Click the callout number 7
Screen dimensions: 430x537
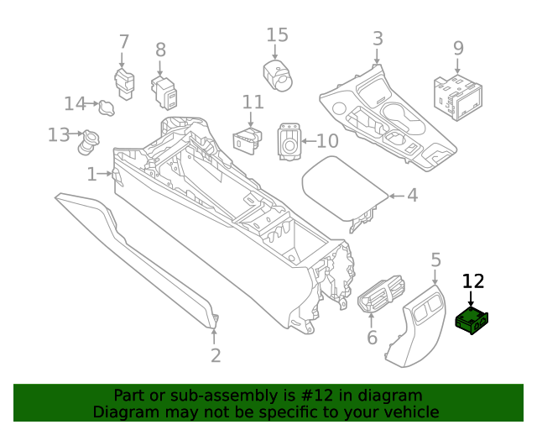point(123,41)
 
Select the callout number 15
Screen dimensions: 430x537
point(277,35)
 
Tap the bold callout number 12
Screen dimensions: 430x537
point(473,282)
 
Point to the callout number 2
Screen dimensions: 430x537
point(216,355)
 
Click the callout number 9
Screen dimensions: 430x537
point(458,48)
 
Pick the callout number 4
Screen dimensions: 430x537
point(412,196)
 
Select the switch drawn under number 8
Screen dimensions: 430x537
point(164,92)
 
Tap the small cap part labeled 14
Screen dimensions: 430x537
point(107,107)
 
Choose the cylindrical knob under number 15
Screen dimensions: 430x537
point(277,73)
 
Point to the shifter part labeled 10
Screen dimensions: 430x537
point(289,144)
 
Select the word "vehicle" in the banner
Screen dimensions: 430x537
point(409,412)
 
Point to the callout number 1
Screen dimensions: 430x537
point(91,174)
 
